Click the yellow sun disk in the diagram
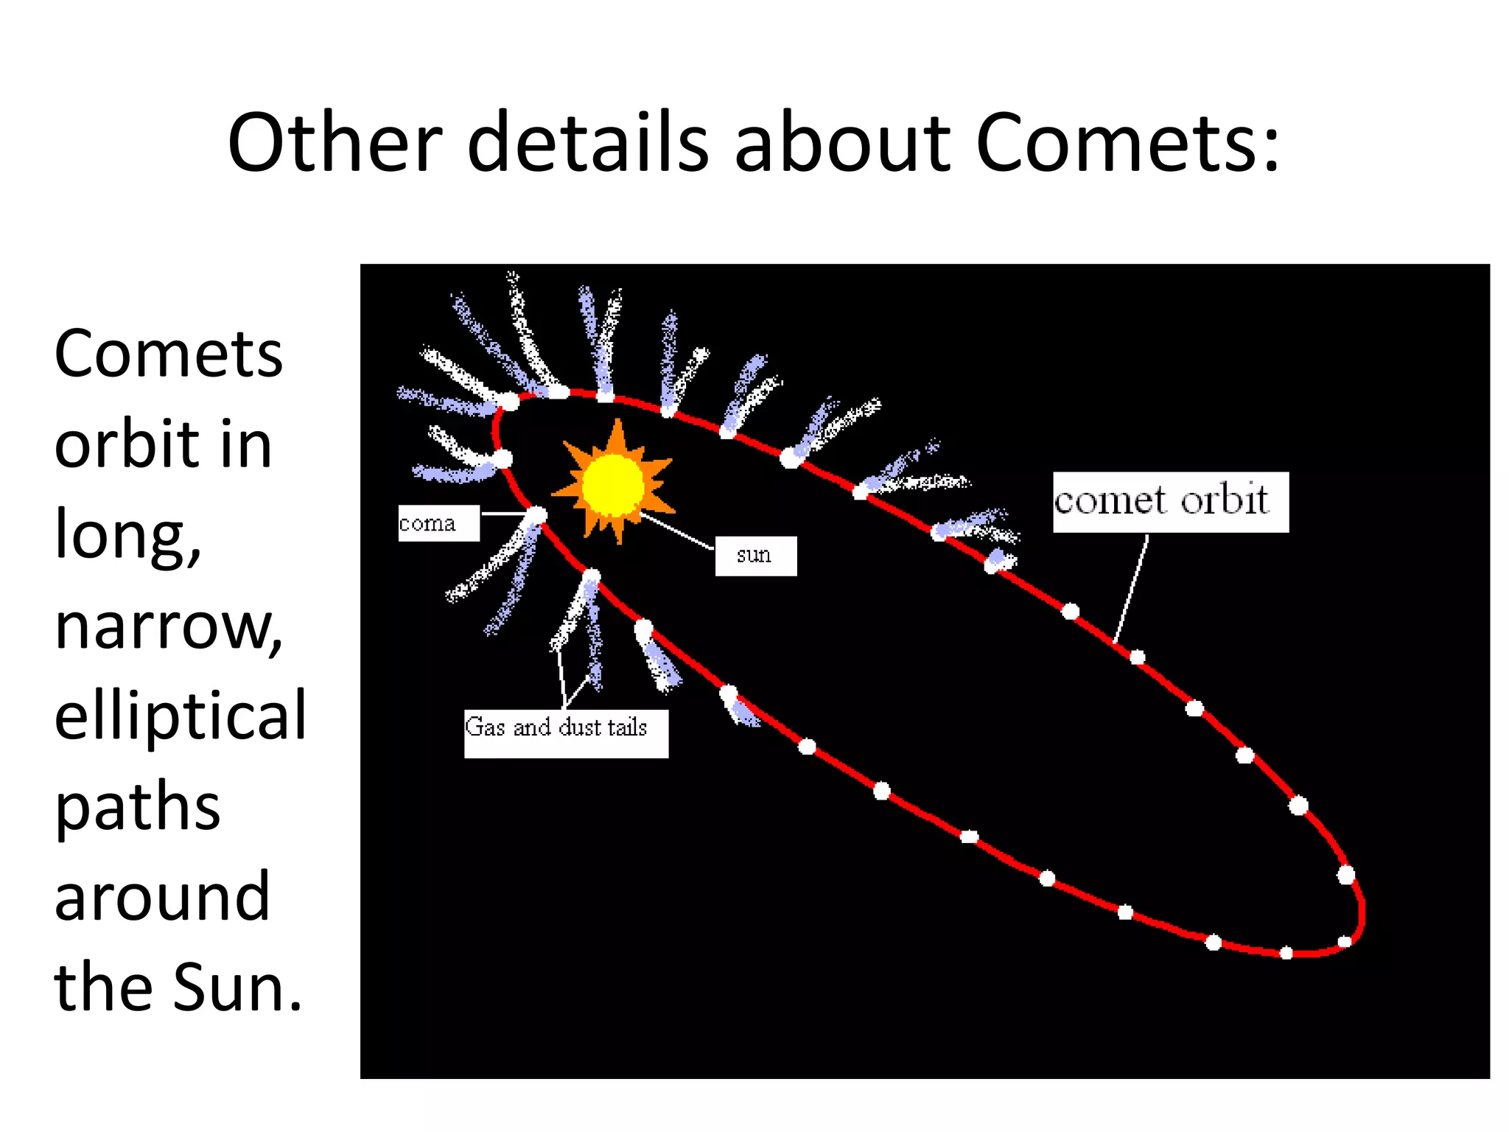(x=613, y=485)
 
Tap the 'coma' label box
(x=438, y=523)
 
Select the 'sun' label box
(x=755, y=556)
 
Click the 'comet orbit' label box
(x=1170, y=502)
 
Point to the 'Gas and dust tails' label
(x=565, y=733)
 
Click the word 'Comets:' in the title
(x=1127, y=142)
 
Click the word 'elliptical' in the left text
(x=180, y=715)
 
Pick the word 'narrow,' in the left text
(x=169, y=626)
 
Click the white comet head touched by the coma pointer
(x=537, y=514)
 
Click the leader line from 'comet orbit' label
(x=1132, y=590)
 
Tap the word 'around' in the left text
(x=162, y=896)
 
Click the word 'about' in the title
(x=842, y=142)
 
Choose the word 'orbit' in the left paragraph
(x=126, y=445)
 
